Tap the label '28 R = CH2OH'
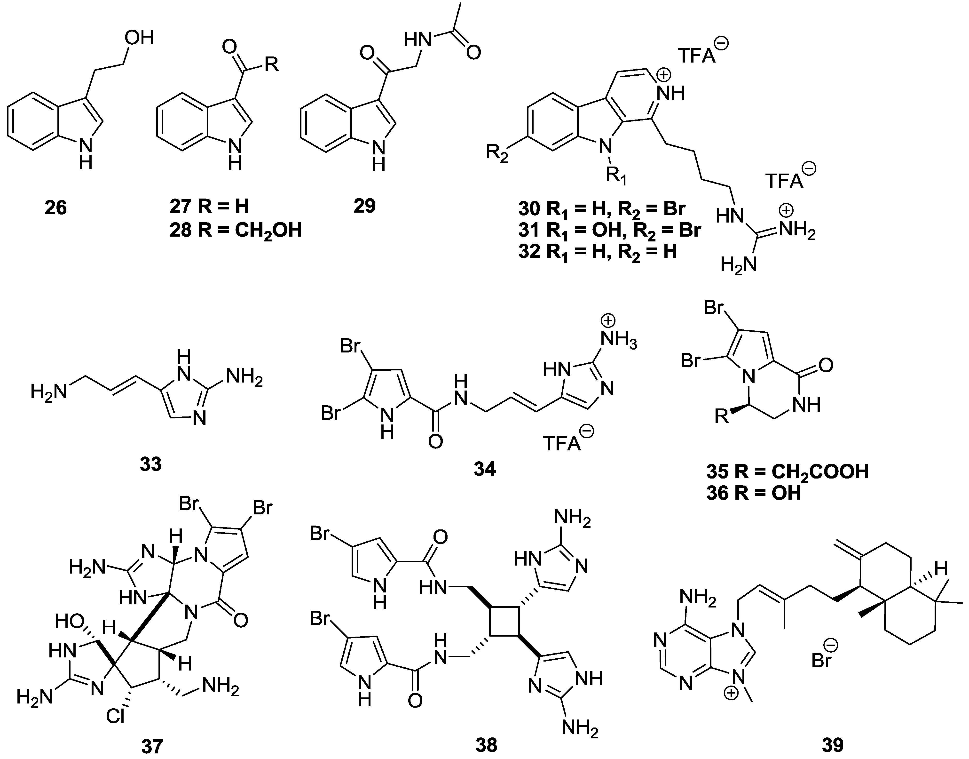[x=235, y=230]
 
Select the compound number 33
[x=150, y=464]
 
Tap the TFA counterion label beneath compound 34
[x=562, y=443]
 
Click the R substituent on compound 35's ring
[x=722, y=417]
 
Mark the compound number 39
[x=833, y=745]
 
